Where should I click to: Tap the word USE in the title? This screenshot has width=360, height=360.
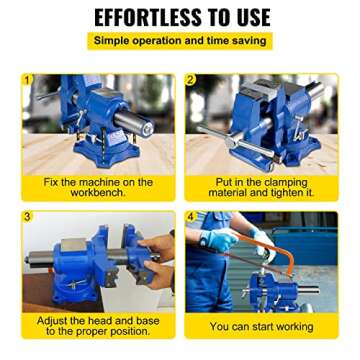[248, 17]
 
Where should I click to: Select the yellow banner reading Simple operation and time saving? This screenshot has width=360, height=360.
[180, 41]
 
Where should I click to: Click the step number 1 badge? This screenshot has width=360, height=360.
[27, 78]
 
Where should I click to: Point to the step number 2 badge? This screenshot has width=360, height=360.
[190, 78]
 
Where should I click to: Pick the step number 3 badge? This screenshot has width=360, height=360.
[27, 215]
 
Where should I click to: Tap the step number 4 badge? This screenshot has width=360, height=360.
[190, 215]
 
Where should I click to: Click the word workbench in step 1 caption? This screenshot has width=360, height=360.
[98, 192]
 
